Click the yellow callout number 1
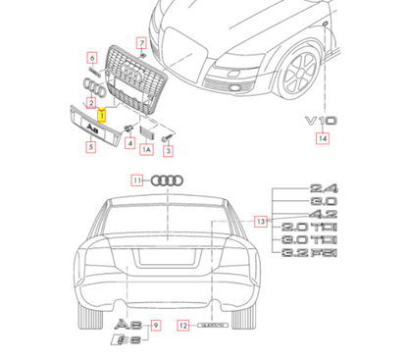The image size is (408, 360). [102, 113]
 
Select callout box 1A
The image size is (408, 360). [147, 150]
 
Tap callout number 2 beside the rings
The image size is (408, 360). [89, 103]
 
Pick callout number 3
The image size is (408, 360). [169, 150]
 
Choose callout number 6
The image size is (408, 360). [140, 43]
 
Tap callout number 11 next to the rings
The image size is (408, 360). [138, 180]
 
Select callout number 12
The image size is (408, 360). [182, 324]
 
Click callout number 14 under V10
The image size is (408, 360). [322, 139]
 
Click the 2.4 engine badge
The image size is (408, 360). [323, 187]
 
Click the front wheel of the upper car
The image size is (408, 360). [298, 69]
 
